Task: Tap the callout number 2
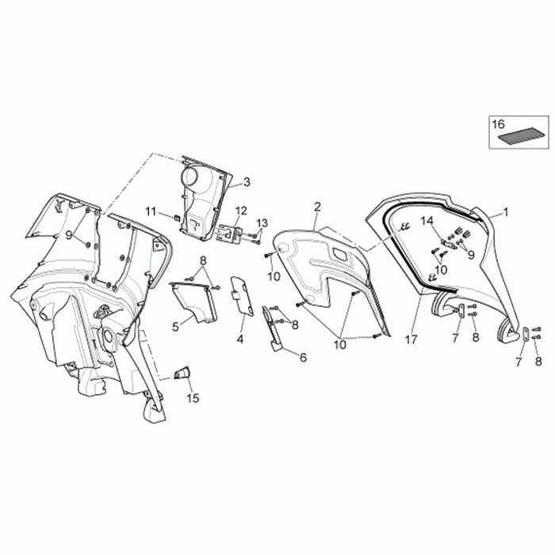(317, 207)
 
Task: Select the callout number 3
(247, 182)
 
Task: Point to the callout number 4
(240, 339)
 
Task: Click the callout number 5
(175, 325)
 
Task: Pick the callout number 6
(302, 358)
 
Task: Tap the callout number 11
(151, 210)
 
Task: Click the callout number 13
(262, 223)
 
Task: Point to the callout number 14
(426, 220)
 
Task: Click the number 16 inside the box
(498, 124)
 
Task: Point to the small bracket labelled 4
(240, 294)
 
